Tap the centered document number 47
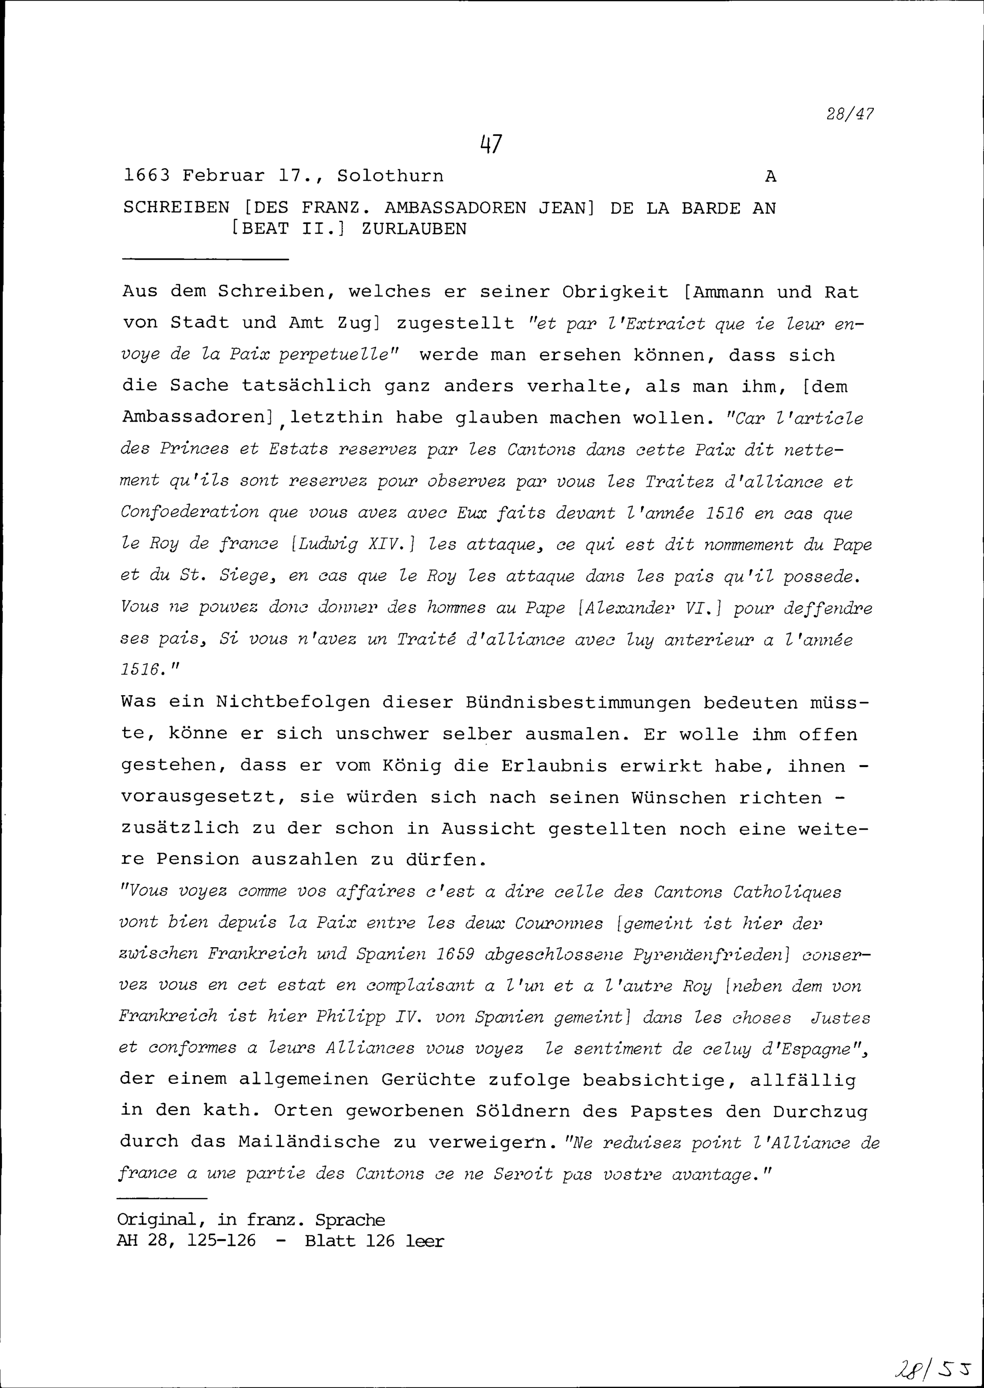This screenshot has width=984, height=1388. (492, 144)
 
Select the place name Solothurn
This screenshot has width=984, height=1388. (390, 176)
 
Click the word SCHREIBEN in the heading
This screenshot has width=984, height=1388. (176, 209)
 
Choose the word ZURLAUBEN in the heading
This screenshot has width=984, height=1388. (414, 229)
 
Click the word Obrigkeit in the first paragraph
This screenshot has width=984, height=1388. (615, 292)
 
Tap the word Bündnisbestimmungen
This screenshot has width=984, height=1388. (578, 703)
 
